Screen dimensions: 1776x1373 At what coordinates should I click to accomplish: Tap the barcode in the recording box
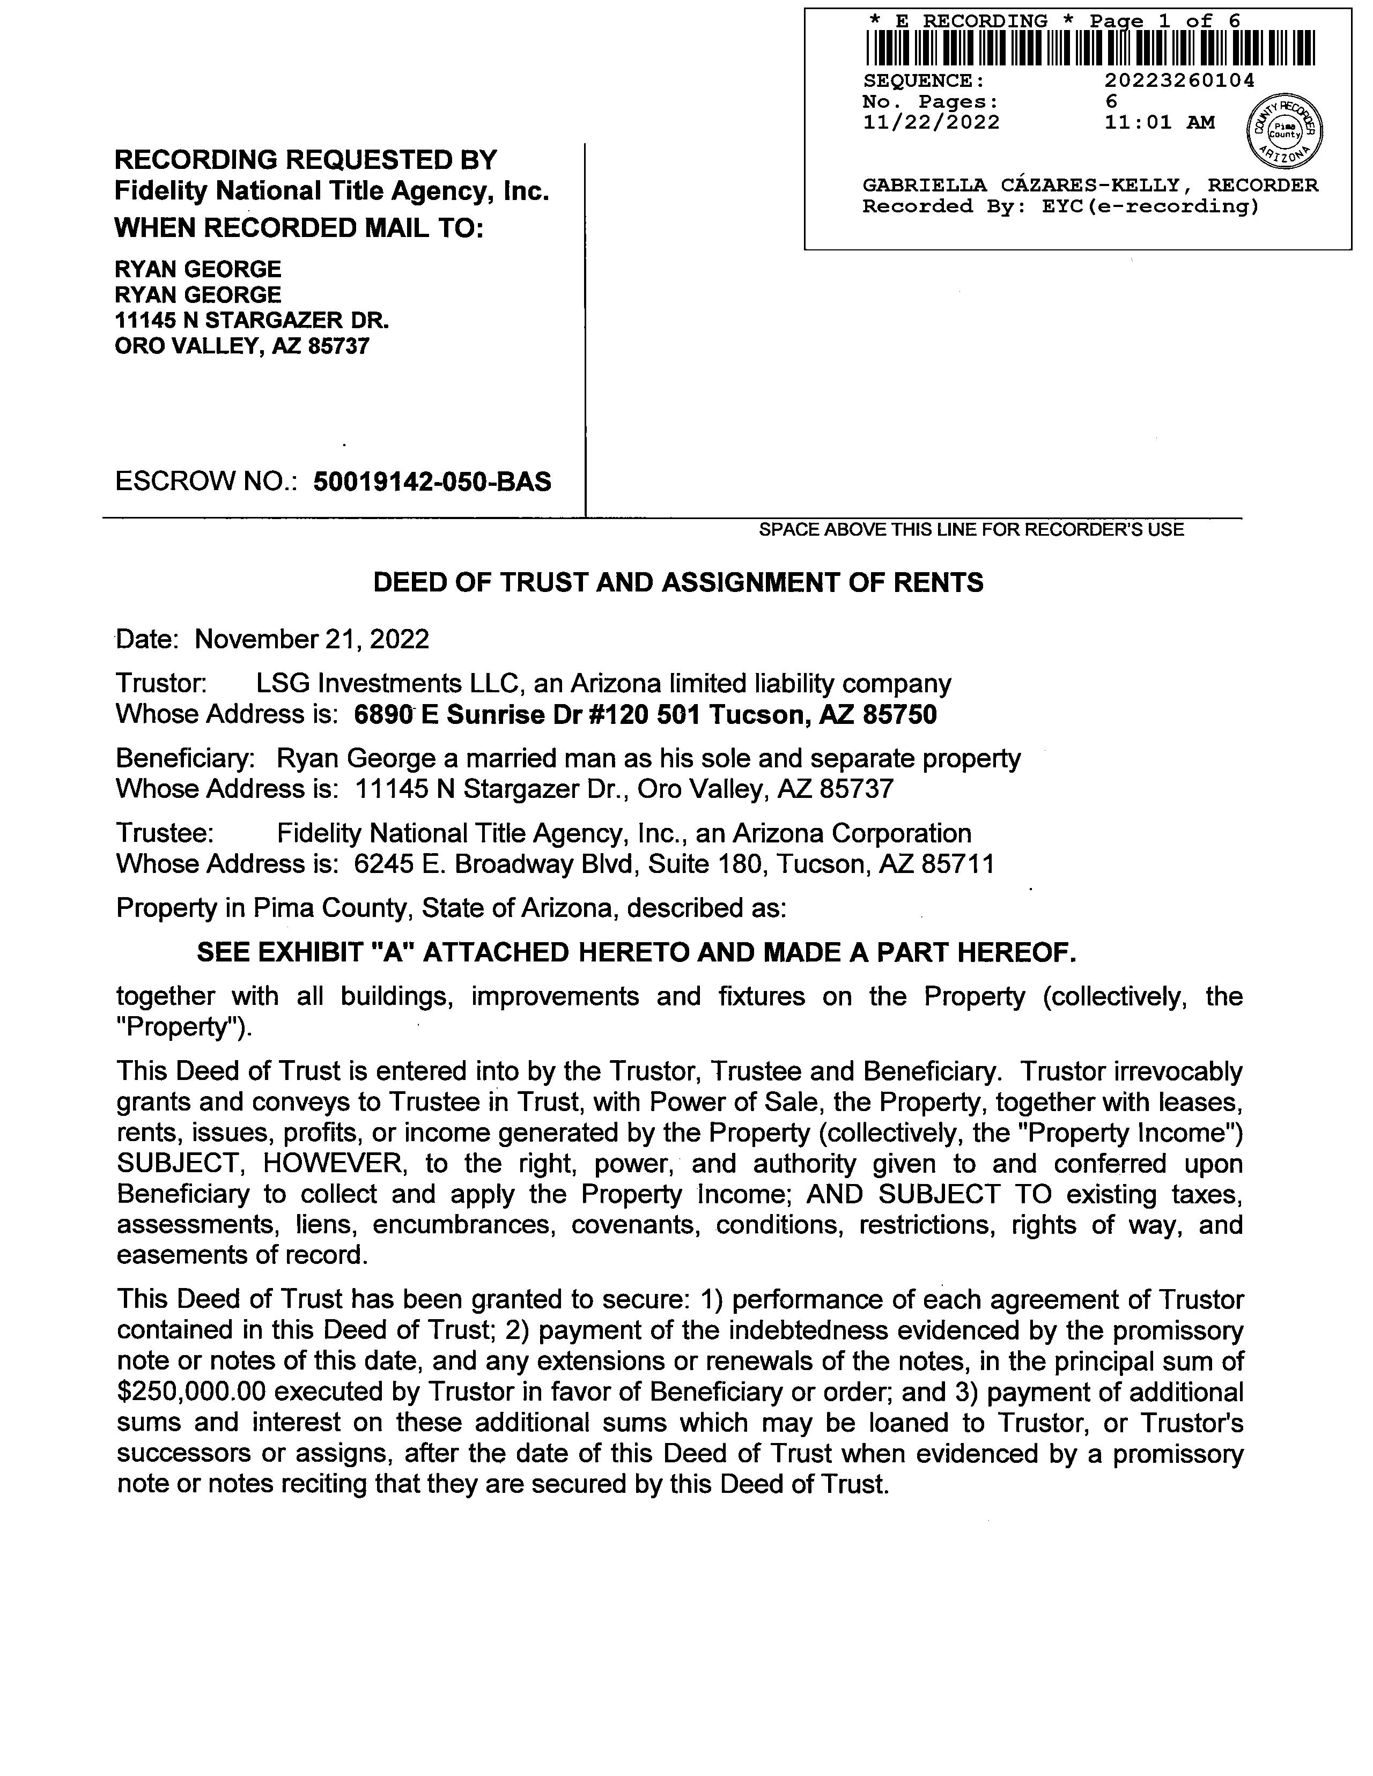coord(1090,48)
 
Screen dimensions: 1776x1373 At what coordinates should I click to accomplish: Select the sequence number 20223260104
coord(1179,80)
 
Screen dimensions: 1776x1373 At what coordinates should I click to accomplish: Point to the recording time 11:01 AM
coord(1159,123)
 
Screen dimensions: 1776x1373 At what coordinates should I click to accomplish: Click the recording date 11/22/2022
coord(931,123)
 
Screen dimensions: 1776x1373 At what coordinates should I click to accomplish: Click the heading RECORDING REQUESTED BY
coord(305,159)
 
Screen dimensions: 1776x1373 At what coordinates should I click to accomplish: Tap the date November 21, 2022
coord(312,639)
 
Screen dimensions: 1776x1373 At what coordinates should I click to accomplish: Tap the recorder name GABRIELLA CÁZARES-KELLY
coord(1020,186)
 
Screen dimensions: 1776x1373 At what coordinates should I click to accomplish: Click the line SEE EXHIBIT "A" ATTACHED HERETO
coord(636,952)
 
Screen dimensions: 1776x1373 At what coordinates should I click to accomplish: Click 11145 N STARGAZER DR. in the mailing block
coord(252,320)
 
